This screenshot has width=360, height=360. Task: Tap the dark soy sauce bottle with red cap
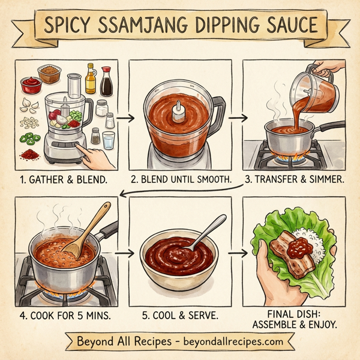[106, 83]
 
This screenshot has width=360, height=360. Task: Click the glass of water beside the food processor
[108, 140]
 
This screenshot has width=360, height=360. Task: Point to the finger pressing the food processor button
[89, 157]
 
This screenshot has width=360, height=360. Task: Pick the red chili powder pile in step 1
[29, 155]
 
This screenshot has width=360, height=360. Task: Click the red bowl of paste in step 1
[31, 85]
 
